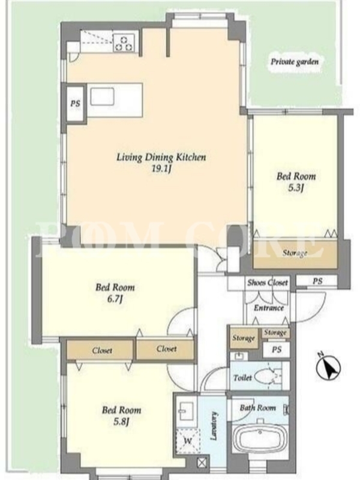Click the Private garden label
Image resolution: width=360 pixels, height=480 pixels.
pos(295,62)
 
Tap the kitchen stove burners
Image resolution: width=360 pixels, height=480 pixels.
pos(124,43)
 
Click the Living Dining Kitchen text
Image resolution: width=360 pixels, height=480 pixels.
pos(161,157)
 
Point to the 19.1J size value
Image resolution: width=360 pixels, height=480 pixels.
pos(161,169)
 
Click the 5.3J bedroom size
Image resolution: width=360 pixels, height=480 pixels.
pos(296,188)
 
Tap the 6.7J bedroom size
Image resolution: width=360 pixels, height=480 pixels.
pos(115,299)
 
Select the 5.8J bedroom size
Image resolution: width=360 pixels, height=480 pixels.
pos(121,422)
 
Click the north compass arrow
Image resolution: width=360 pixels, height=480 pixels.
pos(328,367)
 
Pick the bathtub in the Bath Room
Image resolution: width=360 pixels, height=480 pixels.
pos(260,438)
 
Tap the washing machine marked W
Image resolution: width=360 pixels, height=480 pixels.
pos(188,441)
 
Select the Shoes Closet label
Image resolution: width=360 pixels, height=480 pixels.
pos(268,282)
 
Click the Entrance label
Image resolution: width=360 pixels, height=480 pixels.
pos(269,308)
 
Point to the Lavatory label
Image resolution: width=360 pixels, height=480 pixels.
pos(214,426)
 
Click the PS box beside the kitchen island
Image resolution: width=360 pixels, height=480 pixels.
pos(76,103)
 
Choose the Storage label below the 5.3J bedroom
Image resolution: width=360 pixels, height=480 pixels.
pos(295,253)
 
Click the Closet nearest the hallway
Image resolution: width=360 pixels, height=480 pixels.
pos(167,349)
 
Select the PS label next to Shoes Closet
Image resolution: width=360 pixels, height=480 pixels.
pos(317,281)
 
